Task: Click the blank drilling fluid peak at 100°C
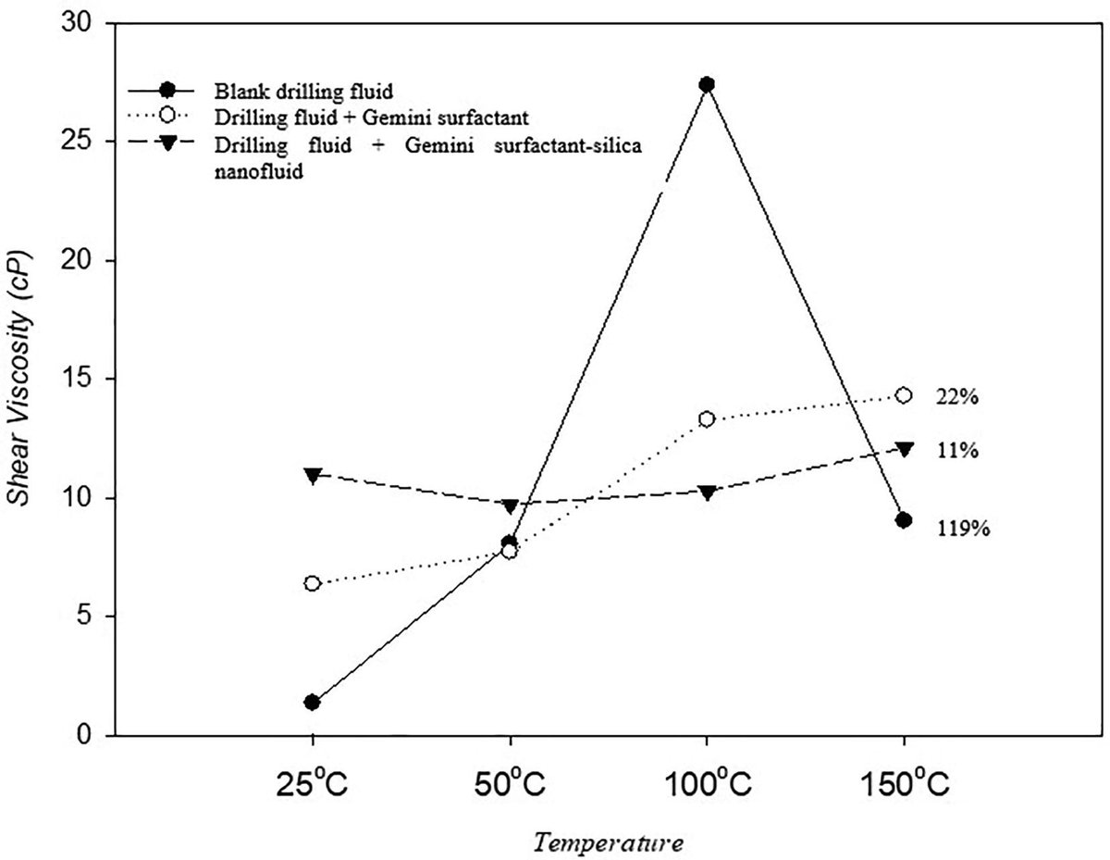(707, 84)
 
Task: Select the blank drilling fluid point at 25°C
(313, 702)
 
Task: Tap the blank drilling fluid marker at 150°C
(904, 520)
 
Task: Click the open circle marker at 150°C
(904, 395)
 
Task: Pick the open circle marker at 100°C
(707, 418)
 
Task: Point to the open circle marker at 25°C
(313, 583)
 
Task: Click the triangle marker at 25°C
(313, 475)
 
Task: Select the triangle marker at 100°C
(707, 492)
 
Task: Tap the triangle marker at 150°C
(904, 449)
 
